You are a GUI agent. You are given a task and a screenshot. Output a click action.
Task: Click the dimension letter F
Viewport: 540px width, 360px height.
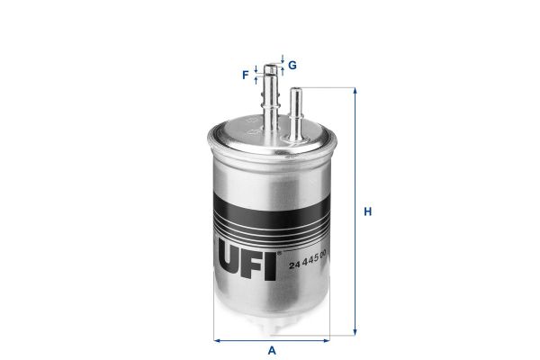[245, 75]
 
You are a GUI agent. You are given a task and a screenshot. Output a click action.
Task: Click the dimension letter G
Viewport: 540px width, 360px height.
[292, 65]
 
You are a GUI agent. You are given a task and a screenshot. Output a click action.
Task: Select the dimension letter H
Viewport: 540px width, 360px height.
[367, 212]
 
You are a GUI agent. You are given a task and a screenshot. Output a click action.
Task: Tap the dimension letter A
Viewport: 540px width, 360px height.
[271, 351]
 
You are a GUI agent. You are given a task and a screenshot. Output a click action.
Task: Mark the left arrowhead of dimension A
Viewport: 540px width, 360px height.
[217, 340]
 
